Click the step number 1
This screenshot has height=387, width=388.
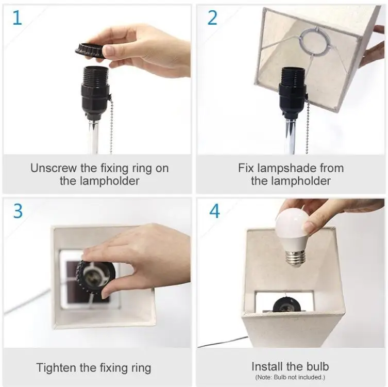18,18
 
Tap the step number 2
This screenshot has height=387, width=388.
212,18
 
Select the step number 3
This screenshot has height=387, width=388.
18,211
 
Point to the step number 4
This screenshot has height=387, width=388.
214,211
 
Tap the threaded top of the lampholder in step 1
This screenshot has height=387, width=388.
96,75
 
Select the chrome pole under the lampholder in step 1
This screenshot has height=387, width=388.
93,137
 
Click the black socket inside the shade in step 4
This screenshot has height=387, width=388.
288,305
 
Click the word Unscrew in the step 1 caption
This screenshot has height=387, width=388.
54,168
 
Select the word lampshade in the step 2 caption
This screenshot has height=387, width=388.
286,169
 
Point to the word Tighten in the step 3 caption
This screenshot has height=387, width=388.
56,368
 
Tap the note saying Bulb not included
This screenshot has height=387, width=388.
290,377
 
